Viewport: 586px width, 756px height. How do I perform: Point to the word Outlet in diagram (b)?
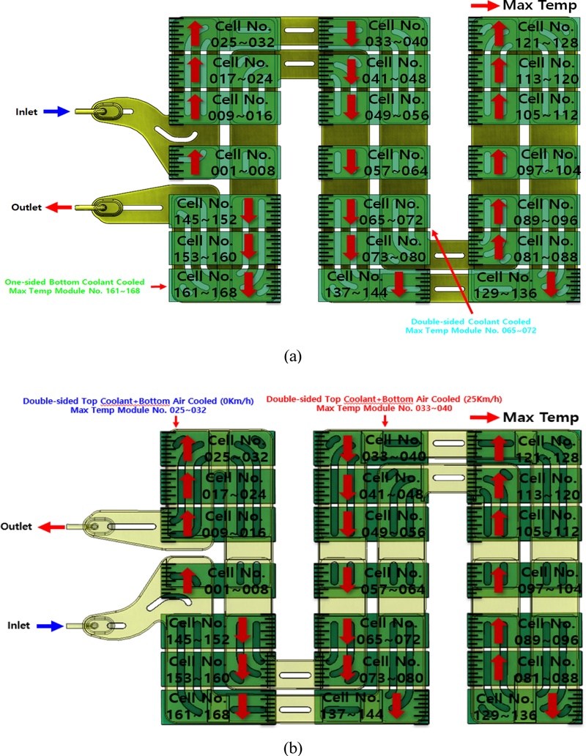(20, 527)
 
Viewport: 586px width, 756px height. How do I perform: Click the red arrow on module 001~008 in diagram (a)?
(195, 160)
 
